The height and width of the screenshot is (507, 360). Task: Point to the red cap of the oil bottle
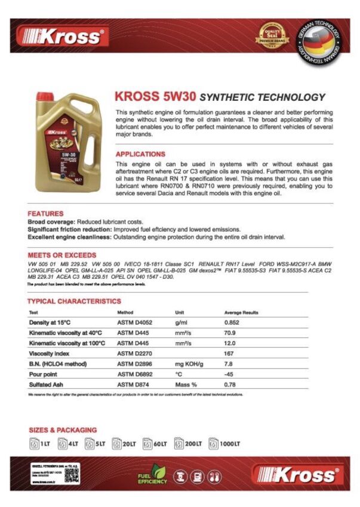45,96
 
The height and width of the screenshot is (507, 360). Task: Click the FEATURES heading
45,213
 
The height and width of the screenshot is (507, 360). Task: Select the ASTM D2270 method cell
135,353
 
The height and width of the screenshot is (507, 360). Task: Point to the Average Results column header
241,312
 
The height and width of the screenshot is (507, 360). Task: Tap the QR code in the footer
72,474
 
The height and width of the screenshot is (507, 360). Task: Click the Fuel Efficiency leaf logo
152,475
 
